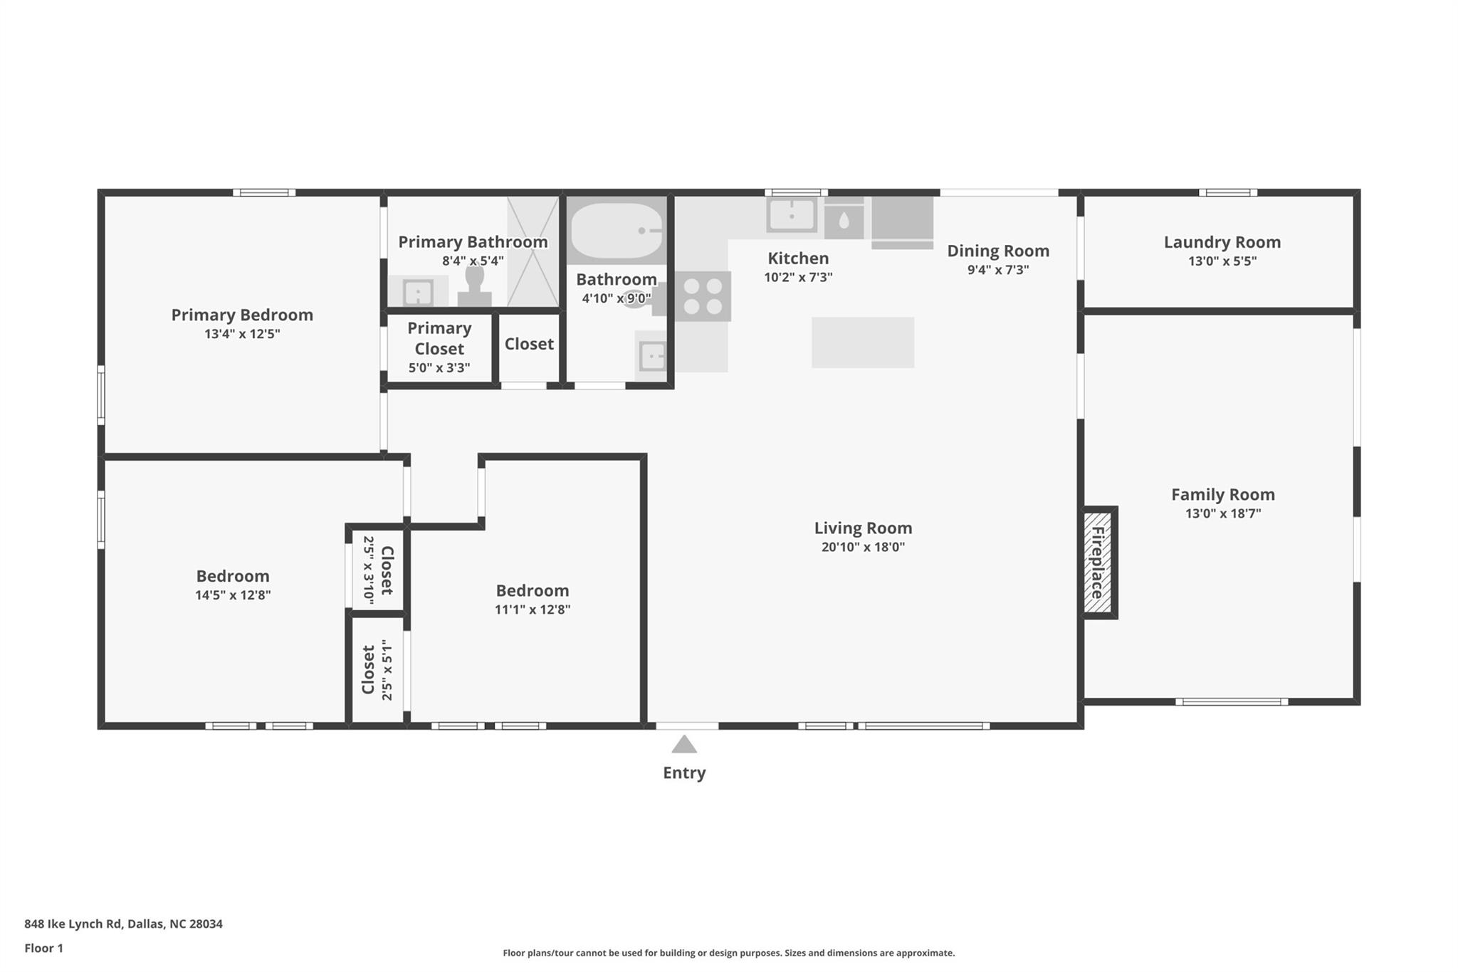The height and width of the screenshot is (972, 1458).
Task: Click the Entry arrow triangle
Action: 684,745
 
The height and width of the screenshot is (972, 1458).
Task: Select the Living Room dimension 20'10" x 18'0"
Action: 863,547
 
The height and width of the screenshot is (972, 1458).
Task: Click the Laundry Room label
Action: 1222,242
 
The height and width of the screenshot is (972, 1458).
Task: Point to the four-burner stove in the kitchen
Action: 703,296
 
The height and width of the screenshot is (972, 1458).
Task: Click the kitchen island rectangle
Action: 863,343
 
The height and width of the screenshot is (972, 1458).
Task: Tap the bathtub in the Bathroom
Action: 617,231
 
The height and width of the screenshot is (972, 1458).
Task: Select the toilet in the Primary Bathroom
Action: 474,286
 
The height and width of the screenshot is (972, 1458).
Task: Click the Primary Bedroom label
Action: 242,315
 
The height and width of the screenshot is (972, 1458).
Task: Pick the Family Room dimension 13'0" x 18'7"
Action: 1222,513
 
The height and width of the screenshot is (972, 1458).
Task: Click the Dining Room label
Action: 997,251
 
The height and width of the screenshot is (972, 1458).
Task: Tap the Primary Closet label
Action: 439,338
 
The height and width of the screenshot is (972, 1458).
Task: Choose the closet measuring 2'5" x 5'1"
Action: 377,670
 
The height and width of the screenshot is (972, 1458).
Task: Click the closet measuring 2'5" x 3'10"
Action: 377,570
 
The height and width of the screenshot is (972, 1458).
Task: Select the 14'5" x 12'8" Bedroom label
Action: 233,576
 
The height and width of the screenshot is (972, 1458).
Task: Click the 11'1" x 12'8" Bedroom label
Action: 533,590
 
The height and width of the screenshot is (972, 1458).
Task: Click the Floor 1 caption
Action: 44,948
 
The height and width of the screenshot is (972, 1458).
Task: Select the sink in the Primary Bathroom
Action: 418,292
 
